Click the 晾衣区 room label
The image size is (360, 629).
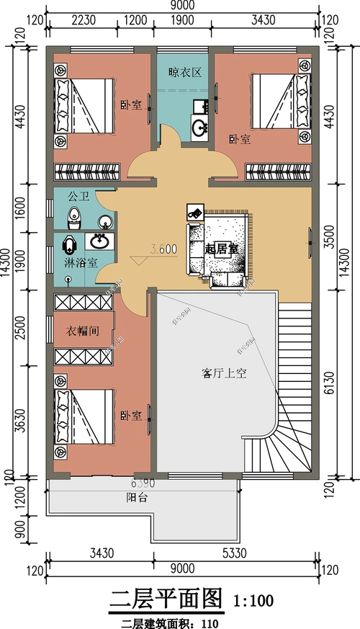(x=184, y=72)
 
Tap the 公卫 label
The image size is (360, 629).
(x=77, y=196)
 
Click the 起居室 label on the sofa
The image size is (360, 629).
(x=221, y=249)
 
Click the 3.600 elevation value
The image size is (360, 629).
(x=163, y=250)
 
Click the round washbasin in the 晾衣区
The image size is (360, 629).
(x=199, y=128)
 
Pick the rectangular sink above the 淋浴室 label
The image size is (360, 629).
(x=99, y=241)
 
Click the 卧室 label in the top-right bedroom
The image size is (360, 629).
(x=240, y=138)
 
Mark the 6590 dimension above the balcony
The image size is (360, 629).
(x=143, y=483)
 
